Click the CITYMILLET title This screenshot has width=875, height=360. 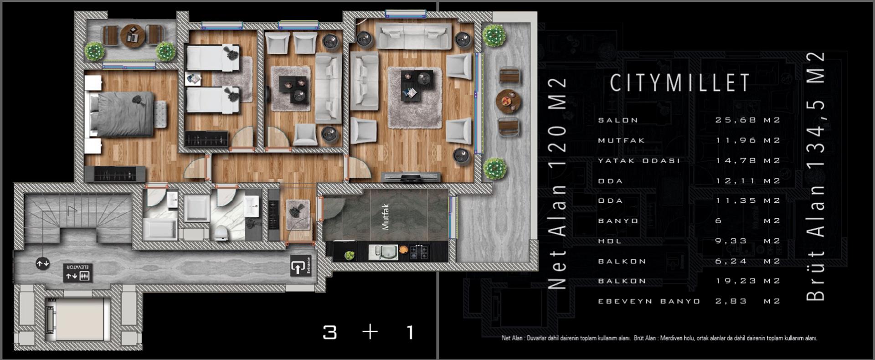pos(679,83)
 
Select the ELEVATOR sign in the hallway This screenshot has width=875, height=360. pos(79,273)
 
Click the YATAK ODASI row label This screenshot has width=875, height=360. pos(639,161)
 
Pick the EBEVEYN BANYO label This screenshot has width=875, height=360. pos(649,301)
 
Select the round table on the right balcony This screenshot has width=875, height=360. pos(509,101)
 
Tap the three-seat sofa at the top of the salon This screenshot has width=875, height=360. pos(414,36)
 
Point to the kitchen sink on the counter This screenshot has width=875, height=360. pos(383,252)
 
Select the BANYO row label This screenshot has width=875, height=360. pos(618,221)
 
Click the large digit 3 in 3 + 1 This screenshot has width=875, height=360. pos(329,332)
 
